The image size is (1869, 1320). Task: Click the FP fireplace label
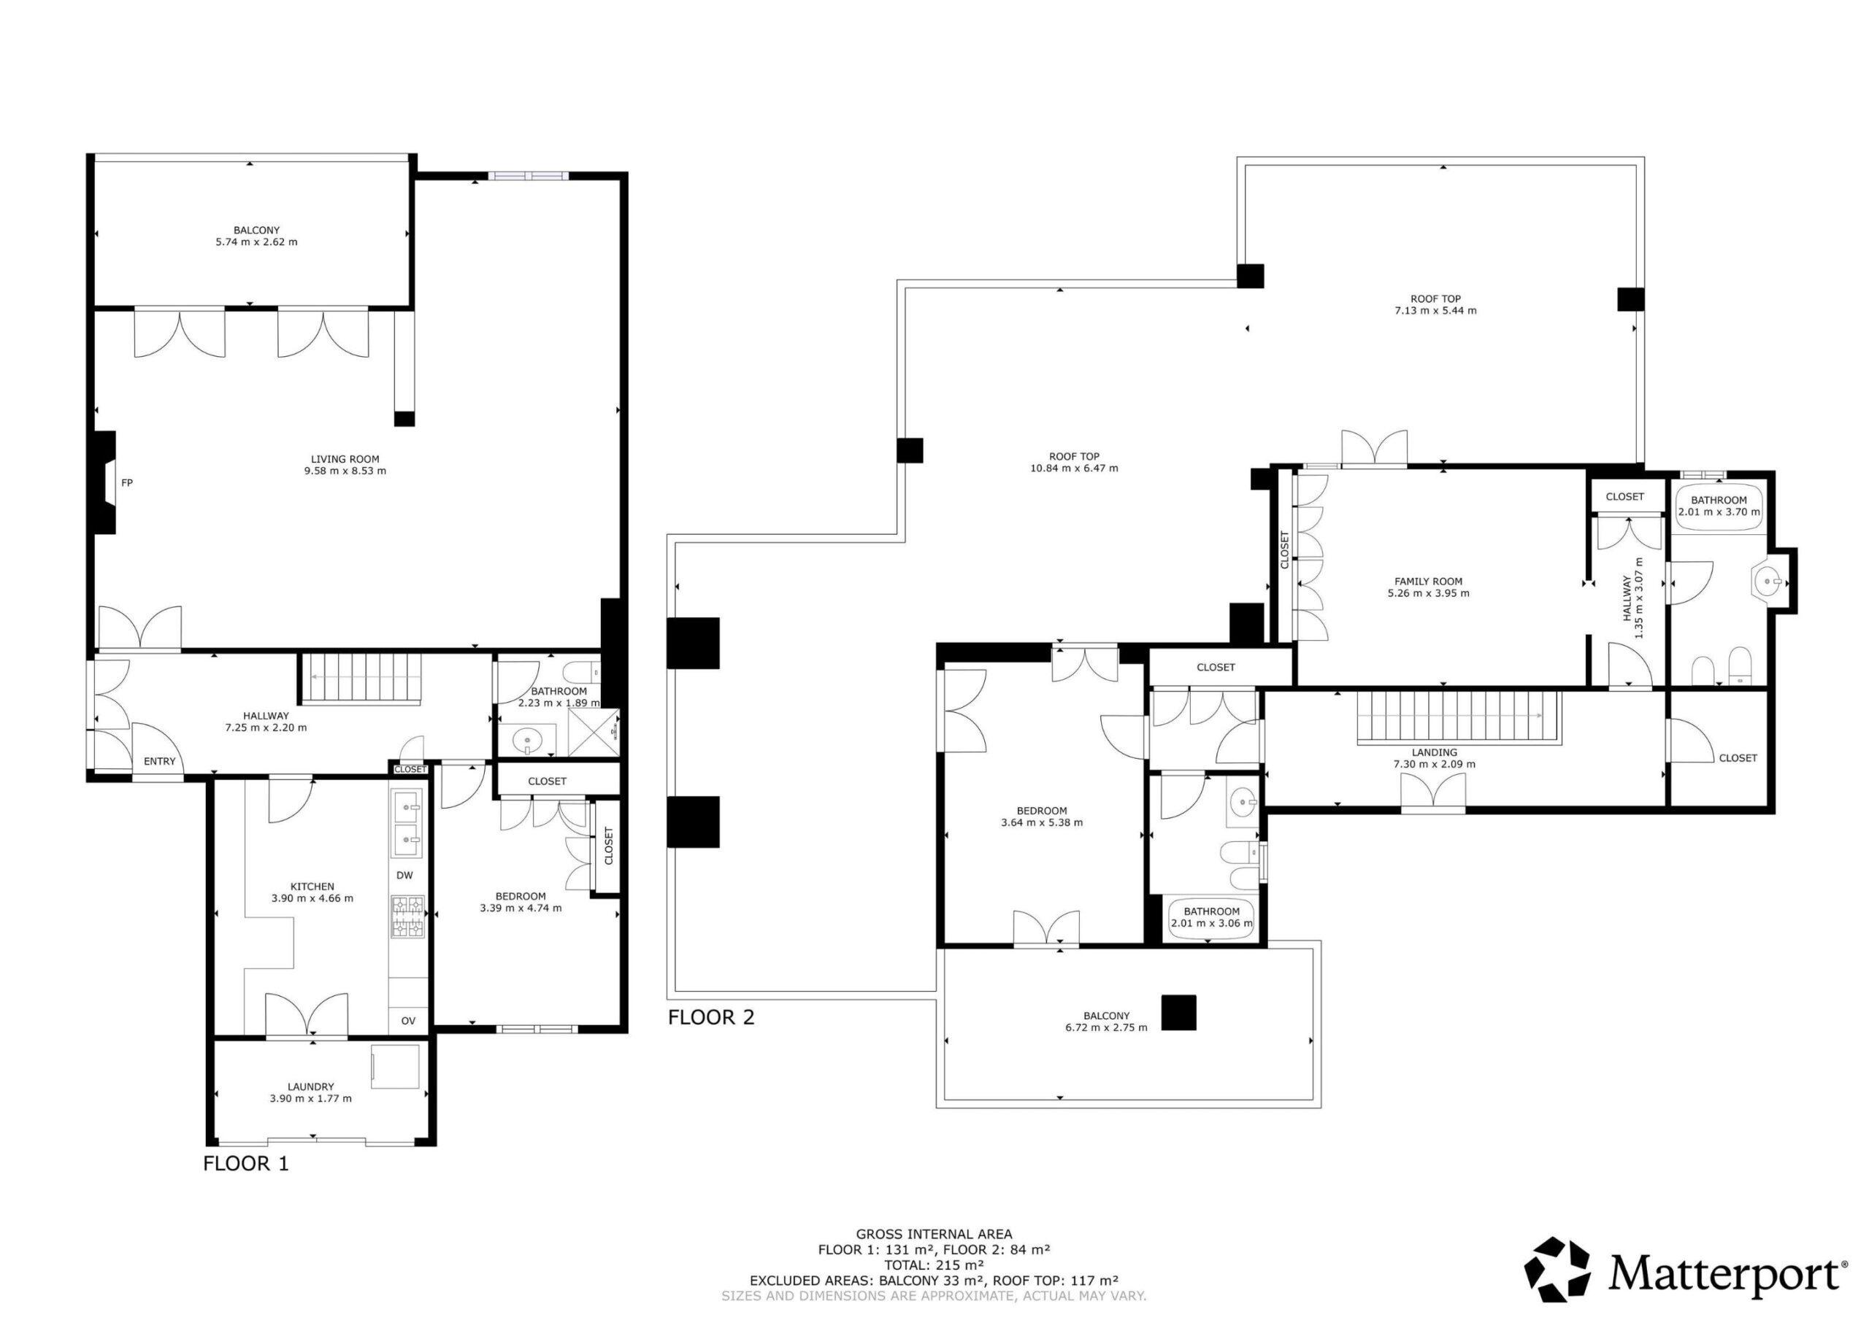[x=127, y=482]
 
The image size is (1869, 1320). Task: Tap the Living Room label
[x=345, y=459]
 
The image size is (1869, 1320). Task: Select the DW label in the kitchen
[x=404, y=876]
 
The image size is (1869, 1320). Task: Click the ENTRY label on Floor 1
[x=160, y=762]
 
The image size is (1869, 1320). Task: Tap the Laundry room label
[x=311, y=1087]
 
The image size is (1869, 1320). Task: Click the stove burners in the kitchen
[x=409, y=916]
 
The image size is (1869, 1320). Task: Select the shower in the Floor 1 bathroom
[x=593, y=732]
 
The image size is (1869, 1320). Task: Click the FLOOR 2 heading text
[x=710, y=1017]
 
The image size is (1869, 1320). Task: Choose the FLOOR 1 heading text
[x=246, y=1164]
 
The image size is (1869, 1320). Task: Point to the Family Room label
[x=1429, y=581]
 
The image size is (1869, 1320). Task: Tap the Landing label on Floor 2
[x=1435, y=753]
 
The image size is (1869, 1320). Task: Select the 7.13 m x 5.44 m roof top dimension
[x=1435, y=310]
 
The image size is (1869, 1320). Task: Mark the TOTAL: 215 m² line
[x=934, y=1289]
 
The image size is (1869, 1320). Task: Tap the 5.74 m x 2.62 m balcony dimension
[x=256, y=242]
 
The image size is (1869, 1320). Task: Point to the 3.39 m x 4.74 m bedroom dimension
[x=521, y=908]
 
